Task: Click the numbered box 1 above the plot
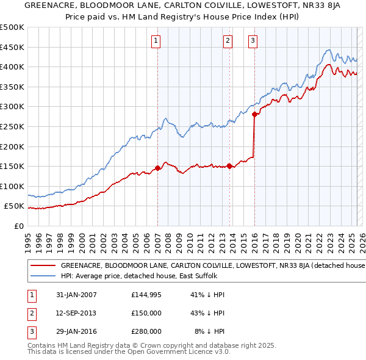click(x=156, y=41)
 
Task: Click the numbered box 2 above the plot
click(x=228, y=41)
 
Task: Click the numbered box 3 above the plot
click(x=253, y=41)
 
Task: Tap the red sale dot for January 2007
click(x=157, y=168)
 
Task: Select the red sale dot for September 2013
click(x=229, y=166)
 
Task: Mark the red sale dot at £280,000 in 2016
click(x=254, y=114)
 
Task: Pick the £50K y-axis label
click(x=15, y=206)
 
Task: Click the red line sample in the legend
click(x=43, y=265)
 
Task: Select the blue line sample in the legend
click(x=43, y=276)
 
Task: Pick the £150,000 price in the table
click(x=146, y=313)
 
